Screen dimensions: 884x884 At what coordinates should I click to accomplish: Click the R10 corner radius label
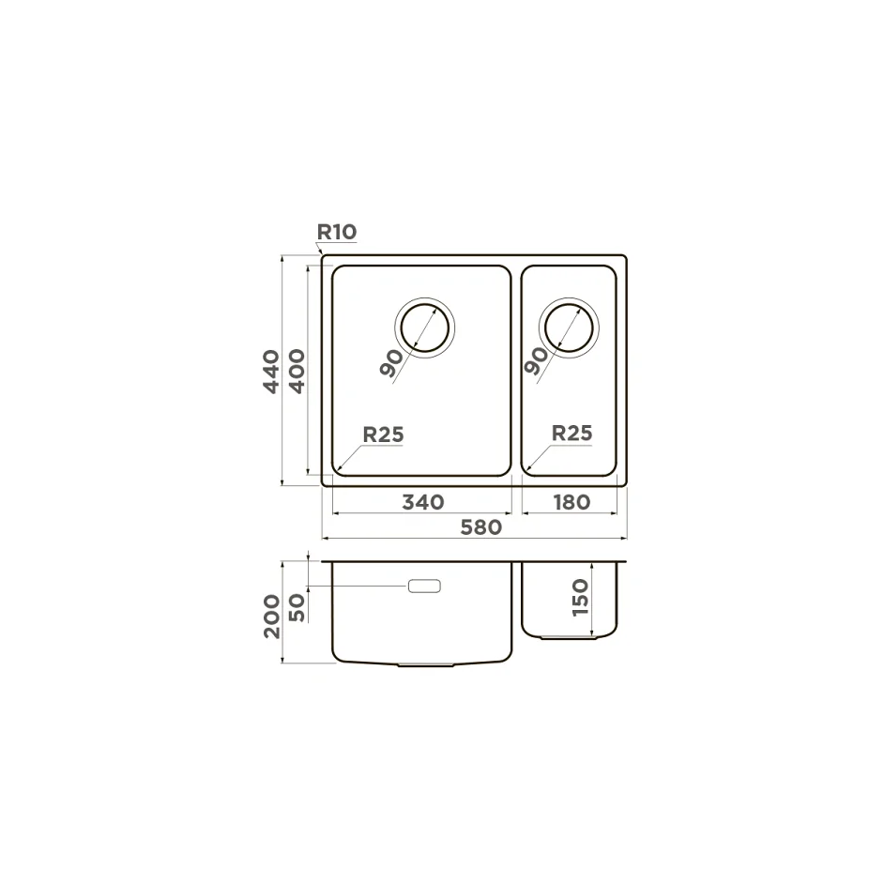[x=337, y=232]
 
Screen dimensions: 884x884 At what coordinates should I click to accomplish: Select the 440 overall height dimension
[x=271, y=372]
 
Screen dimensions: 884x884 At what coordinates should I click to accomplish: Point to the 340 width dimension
[x=423, y=502]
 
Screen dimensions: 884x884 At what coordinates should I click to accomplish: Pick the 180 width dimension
[x=572, y=502]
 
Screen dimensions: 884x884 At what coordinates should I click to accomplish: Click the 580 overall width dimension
[x=480, y=527]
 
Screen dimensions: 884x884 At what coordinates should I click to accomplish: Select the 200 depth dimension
[x=272, y=617]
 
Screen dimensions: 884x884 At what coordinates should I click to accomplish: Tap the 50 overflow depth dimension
[x=297, y=608]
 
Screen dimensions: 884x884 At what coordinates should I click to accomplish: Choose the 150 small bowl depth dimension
[x=580, y=598]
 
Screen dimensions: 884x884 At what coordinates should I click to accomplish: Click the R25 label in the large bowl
[x=384, y=434]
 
